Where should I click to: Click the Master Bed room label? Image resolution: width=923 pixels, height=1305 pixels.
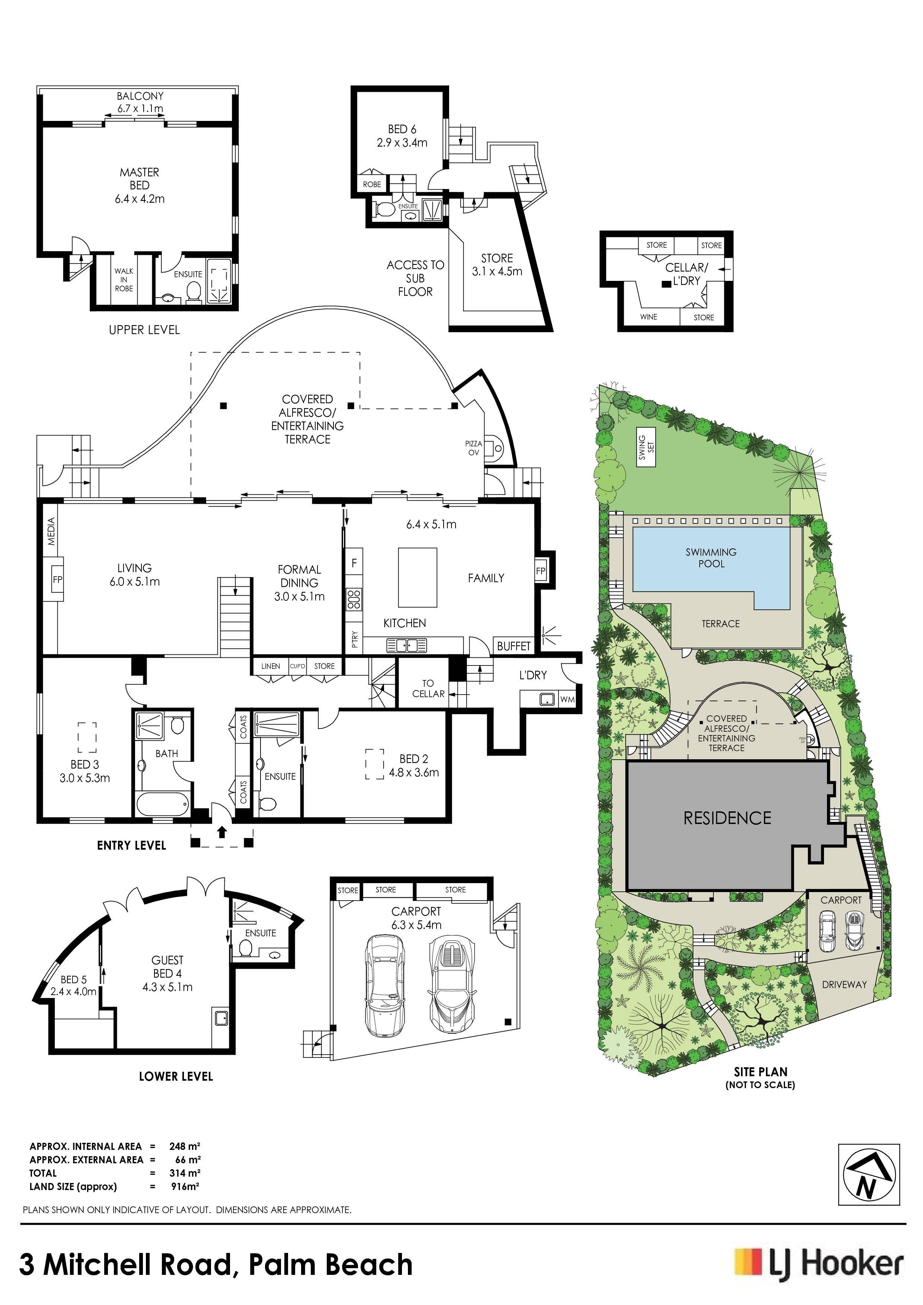(x=139, y=185)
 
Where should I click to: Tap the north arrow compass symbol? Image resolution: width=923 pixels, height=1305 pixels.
(x=869, y=1174)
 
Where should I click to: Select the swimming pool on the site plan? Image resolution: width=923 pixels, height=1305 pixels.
(x=712, y=566)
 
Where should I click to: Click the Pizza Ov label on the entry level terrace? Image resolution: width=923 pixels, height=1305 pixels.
(x=473, y=448)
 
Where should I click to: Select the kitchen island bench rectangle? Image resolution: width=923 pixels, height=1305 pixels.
(x=418, y=577)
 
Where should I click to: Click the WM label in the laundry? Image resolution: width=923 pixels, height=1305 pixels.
(x=567, y=699)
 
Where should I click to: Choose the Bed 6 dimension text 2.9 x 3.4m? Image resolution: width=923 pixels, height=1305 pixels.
(x=402, y=142)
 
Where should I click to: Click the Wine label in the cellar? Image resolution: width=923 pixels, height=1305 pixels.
(x=648, y=317)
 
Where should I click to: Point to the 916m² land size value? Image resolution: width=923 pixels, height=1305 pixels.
(x=185, y=1186)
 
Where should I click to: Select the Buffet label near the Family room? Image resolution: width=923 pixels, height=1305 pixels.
(x=514, y=646)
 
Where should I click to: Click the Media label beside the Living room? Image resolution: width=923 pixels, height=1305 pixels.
(x=51, y=531)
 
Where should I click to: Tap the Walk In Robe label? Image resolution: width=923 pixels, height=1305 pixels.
(x=124, y=280)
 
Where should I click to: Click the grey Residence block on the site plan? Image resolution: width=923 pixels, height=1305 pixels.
(x=727, y=818)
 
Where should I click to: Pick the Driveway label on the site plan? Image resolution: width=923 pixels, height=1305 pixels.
(x=844, y=984)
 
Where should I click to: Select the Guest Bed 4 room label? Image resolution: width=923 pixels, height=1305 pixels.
(x=167, y=974)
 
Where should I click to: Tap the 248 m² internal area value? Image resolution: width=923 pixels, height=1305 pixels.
(x=185, y=1147)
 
